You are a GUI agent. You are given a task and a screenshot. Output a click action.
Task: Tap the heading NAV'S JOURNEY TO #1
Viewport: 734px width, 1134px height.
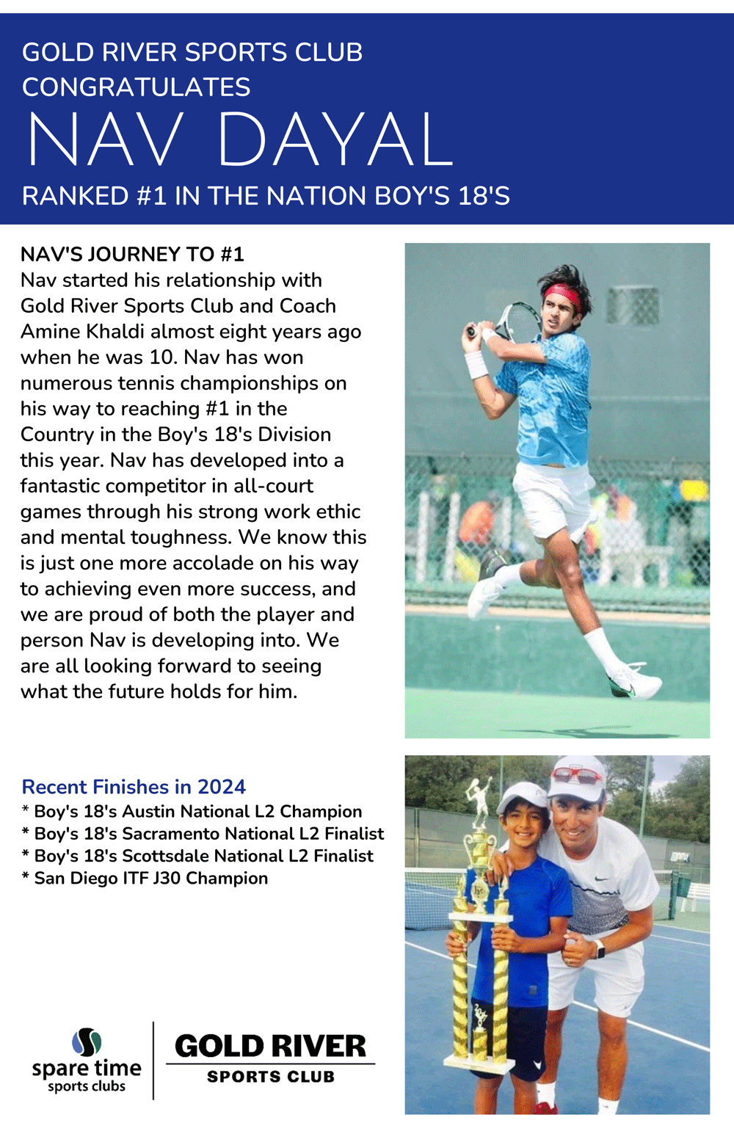[132, 254]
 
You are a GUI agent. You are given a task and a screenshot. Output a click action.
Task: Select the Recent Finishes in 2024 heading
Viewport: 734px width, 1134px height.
[134, 787]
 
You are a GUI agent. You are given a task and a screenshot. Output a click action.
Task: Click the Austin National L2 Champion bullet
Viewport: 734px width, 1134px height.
[192, 812]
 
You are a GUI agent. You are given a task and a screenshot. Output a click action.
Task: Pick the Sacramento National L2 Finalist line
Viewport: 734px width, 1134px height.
[203, 834]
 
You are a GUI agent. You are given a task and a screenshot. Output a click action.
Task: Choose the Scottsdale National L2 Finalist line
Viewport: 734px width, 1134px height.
[198, 856]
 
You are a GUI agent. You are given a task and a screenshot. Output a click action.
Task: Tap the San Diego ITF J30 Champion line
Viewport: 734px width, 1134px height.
[145, 879]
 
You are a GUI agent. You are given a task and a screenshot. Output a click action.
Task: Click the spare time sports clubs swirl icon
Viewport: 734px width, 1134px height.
[87, 1042]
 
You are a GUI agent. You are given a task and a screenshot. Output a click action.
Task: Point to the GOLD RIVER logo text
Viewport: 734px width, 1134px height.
[270, 1047]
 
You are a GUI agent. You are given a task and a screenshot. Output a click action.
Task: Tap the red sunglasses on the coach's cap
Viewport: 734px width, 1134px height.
[577, 774]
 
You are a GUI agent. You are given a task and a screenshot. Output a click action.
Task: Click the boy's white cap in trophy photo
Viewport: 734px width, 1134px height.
[523, 795]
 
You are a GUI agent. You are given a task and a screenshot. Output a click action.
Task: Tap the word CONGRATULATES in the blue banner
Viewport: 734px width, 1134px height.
[137, 87]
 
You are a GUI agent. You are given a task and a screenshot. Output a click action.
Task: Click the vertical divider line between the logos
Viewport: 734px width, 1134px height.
[153, 1060]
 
